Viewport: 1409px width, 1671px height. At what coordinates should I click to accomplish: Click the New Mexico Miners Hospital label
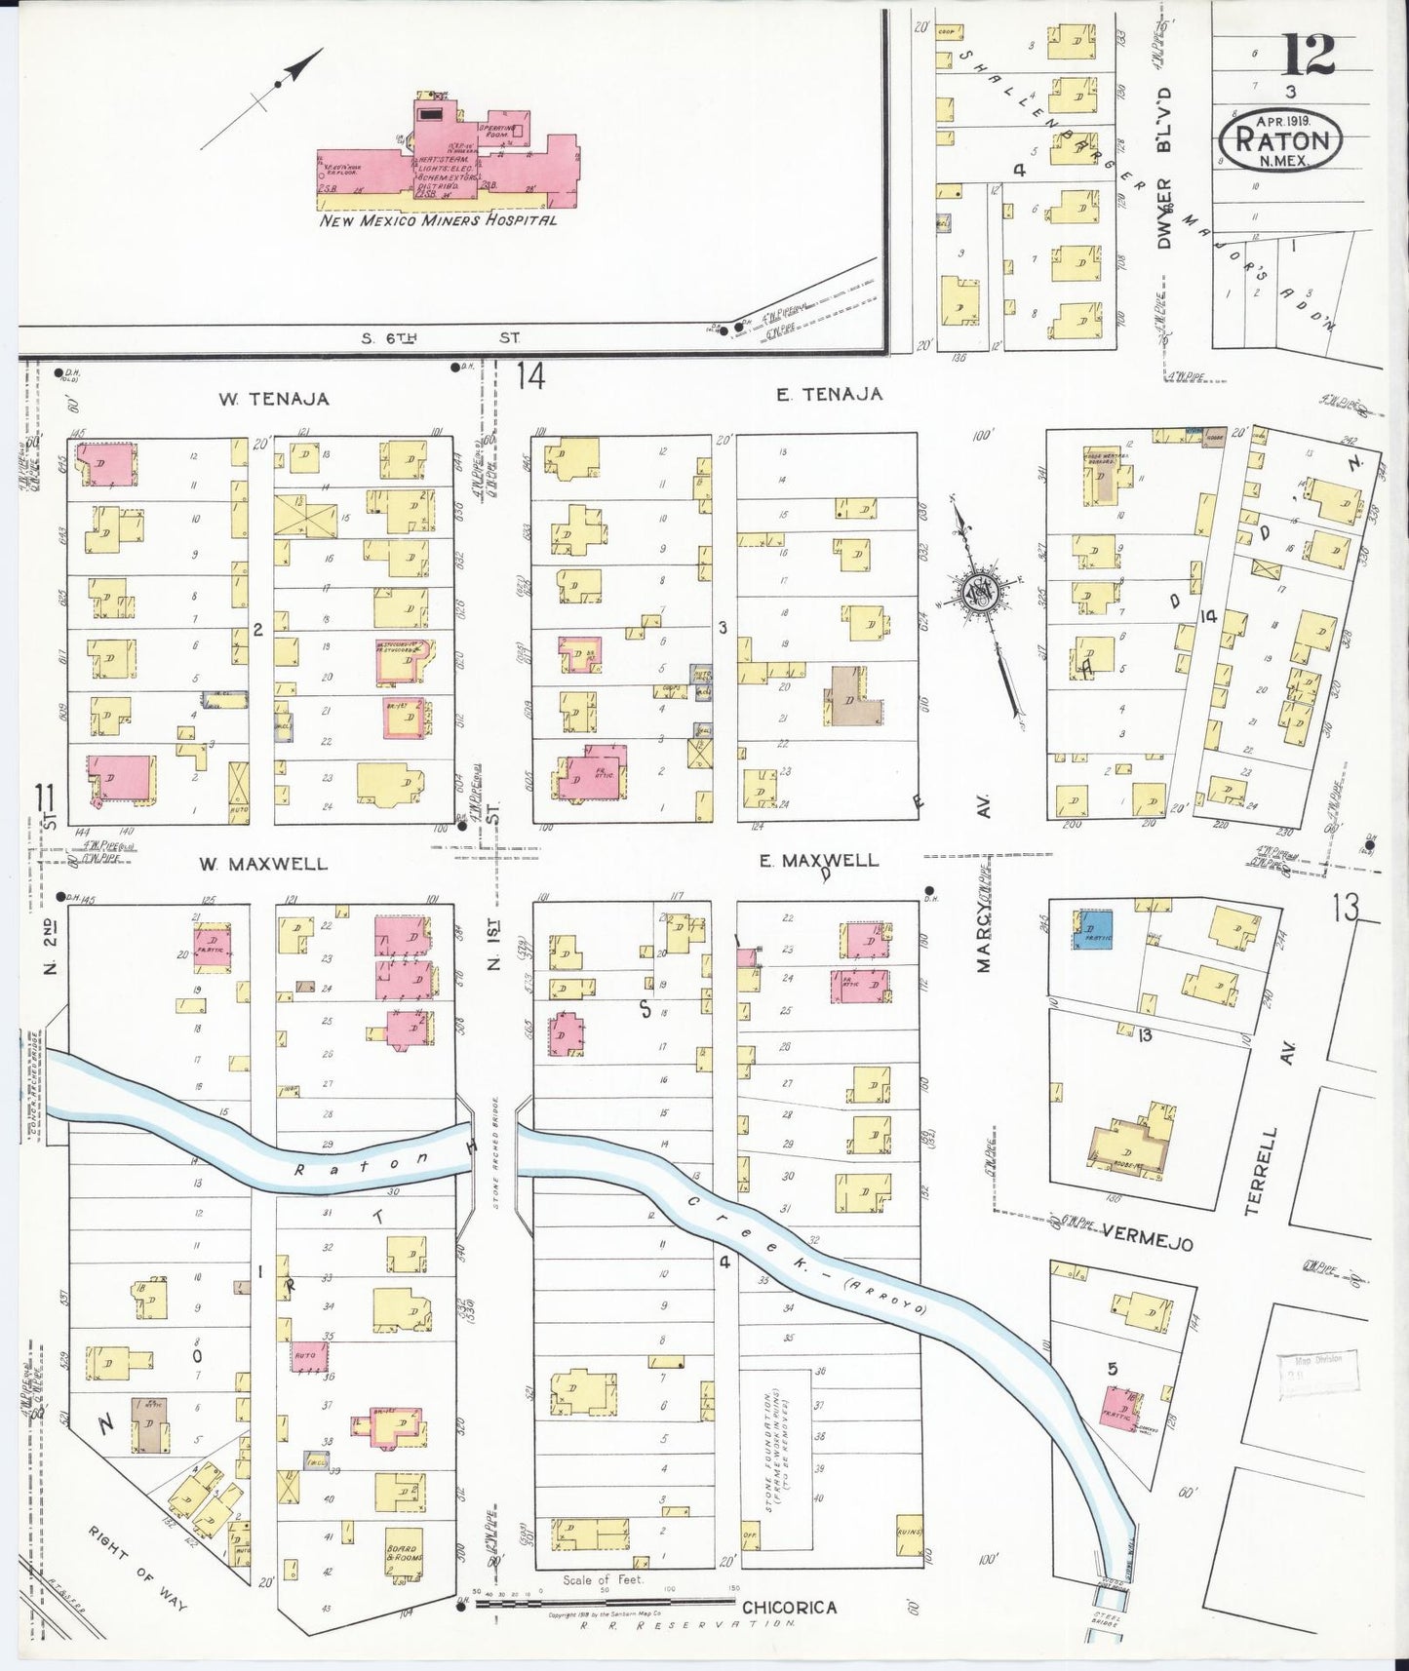(x=439, y=220)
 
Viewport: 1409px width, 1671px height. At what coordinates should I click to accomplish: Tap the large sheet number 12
(x=1307, y=55)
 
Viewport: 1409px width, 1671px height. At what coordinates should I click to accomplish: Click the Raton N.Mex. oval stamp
(x=1280, y=139)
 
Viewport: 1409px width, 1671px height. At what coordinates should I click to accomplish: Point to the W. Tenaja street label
(x=273, y=399)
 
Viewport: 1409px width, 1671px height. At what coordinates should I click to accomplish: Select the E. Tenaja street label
(x=829, y=394)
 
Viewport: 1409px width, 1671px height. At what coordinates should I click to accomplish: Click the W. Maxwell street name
(x=263, y=864)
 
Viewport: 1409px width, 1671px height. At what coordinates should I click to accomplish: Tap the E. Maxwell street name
(x=818, y=860)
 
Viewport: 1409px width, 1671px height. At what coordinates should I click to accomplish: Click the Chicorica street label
(x=789, y=1608)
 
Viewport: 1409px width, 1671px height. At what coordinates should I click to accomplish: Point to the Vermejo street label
(x=1147, y=1243)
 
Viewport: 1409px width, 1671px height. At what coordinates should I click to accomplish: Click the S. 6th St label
(x=440, y=338)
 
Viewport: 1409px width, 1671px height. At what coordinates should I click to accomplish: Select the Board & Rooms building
(x=402, y=1552)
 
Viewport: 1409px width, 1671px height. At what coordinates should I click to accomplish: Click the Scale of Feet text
(x=603, y=1579)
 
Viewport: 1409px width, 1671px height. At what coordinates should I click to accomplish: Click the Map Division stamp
(x=1318, y=1370)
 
